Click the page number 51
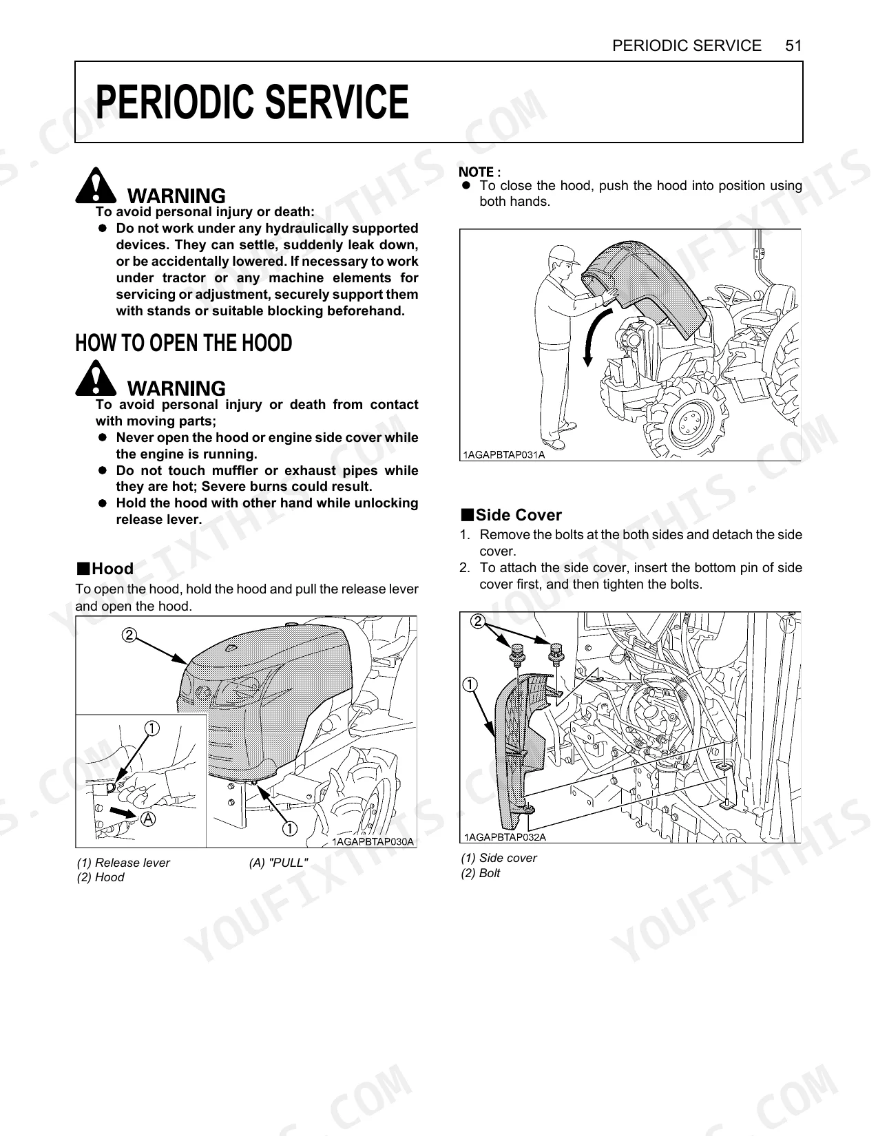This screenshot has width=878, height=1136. coord(793,46)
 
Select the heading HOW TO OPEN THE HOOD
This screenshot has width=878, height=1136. coord(184,344)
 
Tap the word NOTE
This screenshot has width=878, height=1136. coord(477,172)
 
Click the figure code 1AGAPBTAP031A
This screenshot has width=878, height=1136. coord(503,455)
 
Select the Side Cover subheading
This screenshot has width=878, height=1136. coord(512,515)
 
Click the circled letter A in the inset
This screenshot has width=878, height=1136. coord(149,819)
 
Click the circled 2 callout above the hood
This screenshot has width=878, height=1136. coord(129,635)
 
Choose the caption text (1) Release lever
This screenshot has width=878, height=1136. coord(123,863)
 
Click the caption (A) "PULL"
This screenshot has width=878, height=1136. coord(279,863)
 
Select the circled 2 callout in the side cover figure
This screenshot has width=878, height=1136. coord(477,622)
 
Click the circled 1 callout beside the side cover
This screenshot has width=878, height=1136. coord(470,684)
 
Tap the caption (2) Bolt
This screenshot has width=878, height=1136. coord(481,873)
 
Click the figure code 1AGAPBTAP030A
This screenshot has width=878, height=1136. coord(373,842)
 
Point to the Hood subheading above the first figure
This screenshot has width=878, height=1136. coord(105,568)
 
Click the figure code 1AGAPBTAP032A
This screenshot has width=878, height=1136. coord(505,837)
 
